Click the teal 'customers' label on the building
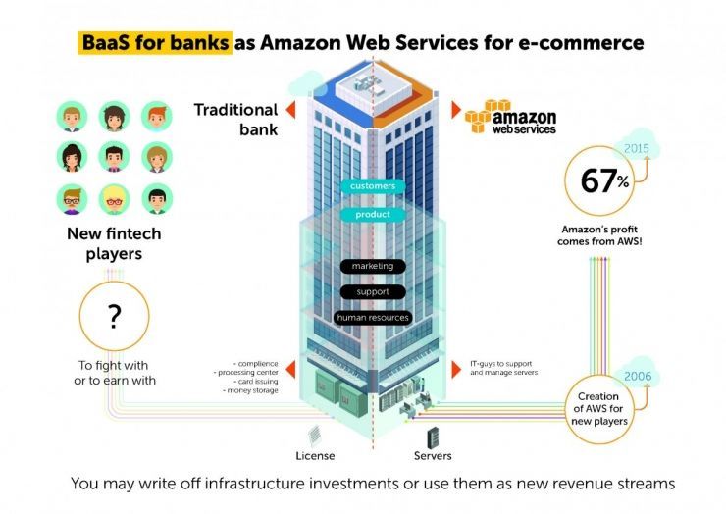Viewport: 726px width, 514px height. [371, 184]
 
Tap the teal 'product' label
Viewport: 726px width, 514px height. [371, 214]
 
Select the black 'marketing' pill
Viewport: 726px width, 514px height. [372, 266]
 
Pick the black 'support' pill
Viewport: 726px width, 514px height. [372, 291]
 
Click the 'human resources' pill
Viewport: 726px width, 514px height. [372, 317]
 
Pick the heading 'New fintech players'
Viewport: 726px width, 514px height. [113, 243]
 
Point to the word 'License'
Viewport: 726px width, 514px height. [316, 458]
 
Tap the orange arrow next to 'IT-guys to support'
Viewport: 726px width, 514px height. [456, 369]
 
